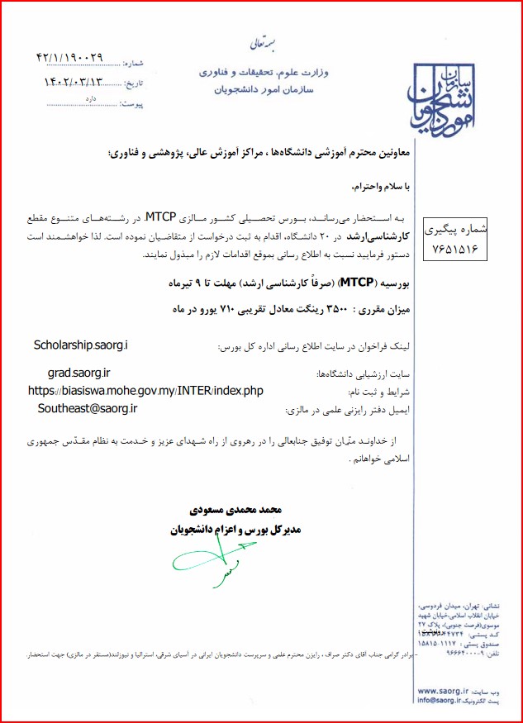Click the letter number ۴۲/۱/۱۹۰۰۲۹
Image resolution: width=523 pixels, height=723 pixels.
70,58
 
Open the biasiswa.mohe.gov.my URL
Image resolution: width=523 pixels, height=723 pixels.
145,390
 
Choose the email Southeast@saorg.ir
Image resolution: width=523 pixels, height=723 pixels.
87,408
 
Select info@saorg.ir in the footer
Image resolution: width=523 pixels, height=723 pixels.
447,701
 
